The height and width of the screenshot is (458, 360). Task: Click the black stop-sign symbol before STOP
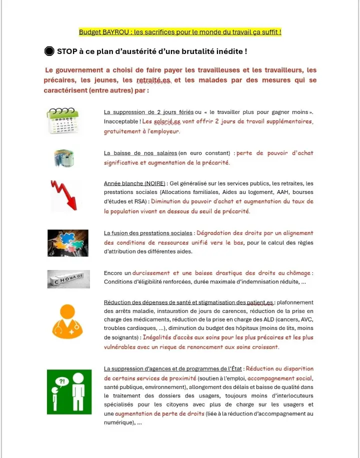tap(49, 51)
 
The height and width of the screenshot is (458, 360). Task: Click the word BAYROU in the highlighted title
tap(113, 32)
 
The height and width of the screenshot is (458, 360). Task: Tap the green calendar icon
tap(63, 120)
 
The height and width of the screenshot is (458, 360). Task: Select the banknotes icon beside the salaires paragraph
tap(63, 158)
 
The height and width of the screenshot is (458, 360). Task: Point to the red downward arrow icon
tap(64, 195)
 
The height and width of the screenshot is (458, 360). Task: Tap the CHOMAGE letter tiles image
tap(68, 278)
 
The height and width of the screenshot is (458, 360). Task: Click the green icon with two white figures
tap(69, 391)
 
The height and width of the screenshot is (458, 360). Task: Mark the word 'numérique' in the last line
tap(119, 423)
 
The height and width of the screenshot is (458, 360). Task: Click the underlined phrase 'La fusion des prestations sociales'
tap(148, 233)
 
